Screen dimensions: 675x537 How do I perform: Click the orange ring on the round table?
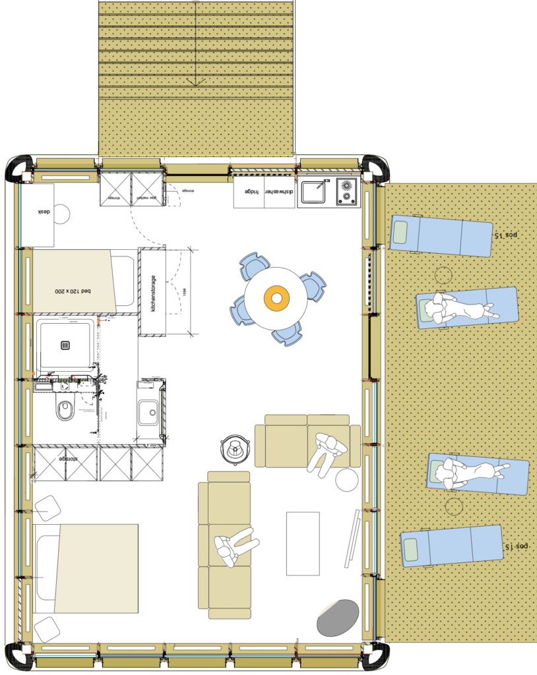click(277, 299)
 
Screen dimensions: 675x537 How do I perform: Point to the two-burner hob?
click(347, 192)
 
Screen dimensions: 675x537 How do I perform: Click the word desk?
click(44, 212)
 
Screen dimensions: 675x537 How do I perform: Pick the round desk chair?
click(61, 214)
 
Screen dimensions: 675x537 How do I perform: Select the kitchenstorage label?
click(152, 293)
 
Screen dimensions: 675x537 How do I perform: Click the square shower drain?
click(65, 344)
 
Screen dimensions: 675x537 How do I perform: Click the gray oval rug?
click(338, 617)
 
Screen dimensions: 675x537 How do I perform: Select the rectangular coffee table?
click(303, 543)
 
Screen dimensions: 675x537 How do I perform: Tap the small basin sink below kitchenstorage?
click(148, 413)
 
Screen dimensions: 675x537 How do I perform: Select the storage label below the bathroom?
click(65, 458)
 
